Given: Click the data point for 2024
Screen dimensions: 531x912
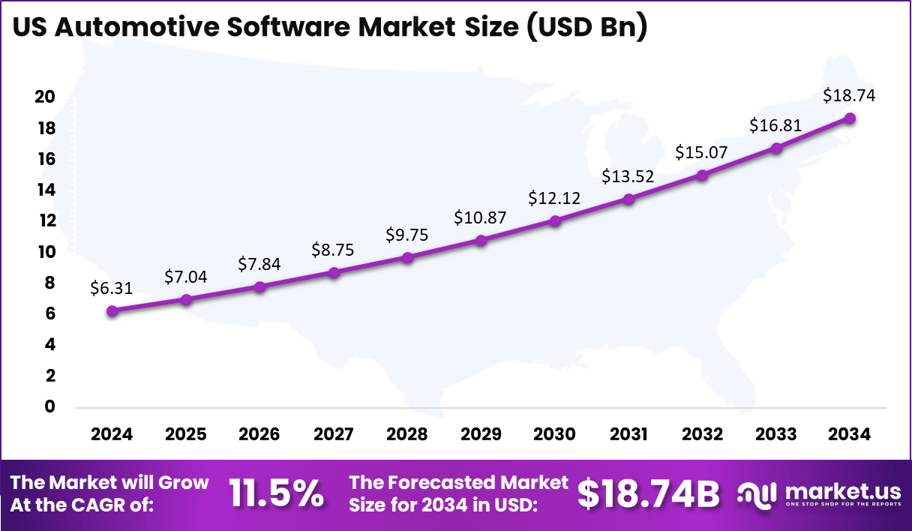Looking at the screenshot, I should pyautogui.click(x=112, y=310).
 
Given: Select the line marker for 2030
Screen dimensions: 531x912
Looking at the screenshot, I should pyautogui.click(x=555, y=220).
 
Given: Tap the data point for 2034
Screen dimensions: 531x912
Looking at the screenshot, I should pyautogui.click(x=850, y=118).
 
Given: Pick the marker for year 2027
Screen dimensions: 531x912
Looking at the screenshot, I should pyautogui.click(x=334, y=272).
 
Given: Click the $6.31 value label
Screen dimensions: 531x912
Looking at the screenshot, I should pyautogui.click(x=111, y=287).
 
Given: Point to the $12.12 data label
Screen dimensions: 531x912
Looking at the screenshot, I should pyautogui.click(x=554, y=198).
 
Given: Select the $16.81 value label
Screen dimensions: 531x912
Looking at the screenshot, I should pyautogui.click(x=775, y=125).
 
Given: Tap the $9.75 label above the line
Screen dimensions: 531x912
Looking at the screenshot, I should pyautogui.click(x=407, y=234).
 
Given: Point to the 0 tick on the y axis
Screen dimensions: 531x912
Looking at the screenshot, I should pyautogui.click(x=50, y=406).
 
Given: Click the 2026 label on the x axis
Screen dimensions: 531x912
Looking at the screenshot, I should pyautogui.click(x=259, y=435).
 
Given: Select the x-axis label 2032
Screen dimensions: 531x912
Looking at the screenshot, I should pyautogui.click(x=702, y=435).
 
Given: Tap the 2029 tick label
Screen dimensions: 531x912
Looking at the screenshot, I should pyautogui.click(x=481, y=435).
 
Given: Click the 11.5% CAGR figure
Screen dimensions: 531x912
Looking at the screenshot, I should pyautogui.click(x=277, y=493).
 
